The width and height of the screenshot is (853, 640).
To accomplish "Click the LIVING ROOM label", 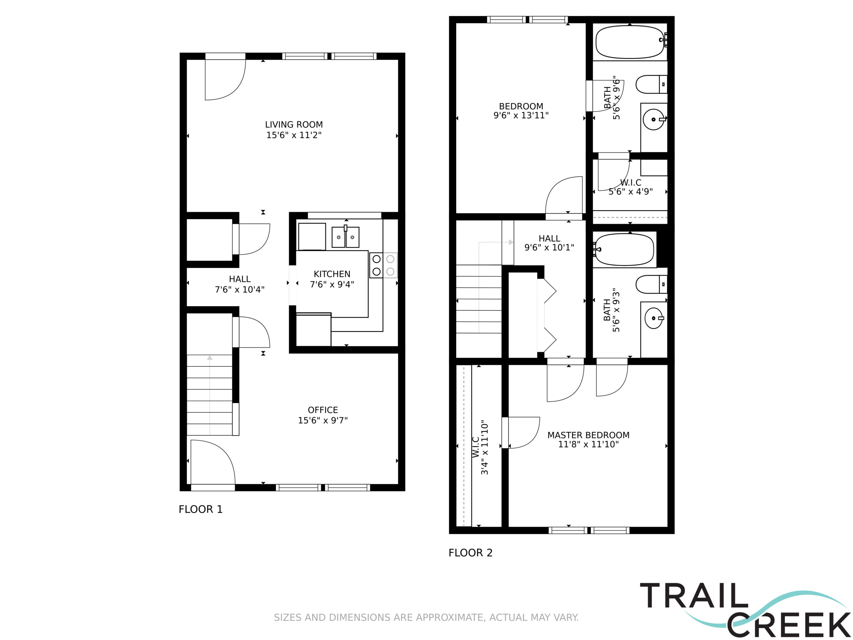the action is pyautogui.click(x=294, y=125).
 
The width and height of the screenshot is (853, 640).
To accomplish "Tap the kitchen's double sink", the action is pyautogui.click(x=346, y=237).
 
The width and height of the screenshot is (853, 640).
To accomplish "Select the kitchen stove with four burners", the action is pyautogui.click(x=383, y=265).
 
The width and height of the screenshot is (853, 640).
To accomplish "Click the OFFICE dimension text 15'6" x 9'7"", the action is pyautogui.click(x=323, y=420).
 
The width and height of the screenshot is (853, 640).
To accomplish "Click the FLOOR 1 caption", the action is pyautogui.click(x=201, y=509).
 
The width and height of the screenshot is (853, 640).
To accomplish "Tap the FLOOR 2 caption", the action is pyautogui.click(x=470, y=553).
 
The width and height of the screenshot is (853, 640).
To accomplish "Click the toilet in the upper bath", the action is pyautogui.click(x=651, y=84).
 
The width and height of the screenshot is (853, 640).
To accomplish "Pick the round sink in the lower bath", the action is pyautogui.click(x=654, y=318).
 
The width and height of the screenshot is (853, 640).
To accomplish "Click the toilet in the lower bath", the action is pyautogui.click(x=651, y=284).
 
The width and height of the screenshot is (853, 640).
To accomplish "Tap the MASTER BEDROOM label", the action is pyautogui.click(x=588, y=435).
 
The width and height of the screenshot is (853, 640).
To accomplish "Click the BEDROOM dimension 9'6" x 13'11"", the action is pyautogui.click(x=521, y=115).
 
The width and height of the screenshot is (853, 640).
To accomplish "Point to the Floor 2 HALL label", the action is pyautogui.click(x=549, y=238).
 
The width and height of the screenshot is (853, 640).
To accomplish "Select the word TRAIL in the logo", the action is pyautogui.click(x=694, y=595).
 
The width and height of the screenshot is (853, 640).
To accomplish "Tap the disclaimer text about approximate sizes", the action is pyautogui.click(x=426, y=618).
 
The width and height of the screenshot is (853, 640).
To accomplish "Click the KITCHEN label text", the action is pyautogui.click(x=332, y=274).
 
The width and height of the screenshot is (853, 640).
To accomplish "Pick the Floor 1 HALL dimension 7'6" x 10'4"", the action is pyautogui.click(x=240, y=289).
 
